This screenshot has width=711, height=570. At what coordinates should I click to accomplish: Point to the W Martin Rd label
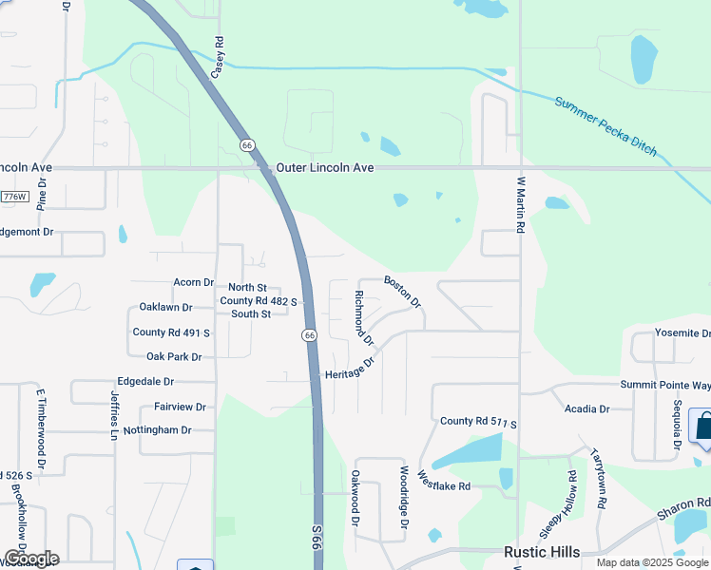[521, 204]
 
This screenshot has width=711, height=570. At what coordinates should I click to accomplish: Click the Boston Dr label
[402, 291]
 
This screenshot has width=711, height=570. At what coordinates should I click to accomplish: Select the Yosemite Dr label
[682, 333]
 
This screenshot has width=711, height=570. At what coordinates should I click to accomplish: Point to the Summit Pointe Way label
[665, 385]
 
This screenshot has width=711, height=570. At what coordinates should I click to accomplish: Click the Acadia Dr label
[586, 408]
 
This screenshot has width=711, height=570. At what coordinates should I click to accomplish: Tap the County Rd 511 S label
[478, 421]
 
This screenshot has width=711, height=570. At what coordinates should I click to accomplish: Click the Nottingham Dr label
[159, 429]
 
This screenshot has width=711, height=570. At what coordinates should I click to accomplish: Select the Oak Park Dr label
[174, 357]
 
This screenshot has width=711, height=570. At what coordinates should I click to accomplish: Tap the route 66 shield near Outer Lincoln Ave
[247, 145]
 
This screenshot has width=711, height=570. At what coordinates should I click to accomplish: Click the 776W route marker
[14, 197]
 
